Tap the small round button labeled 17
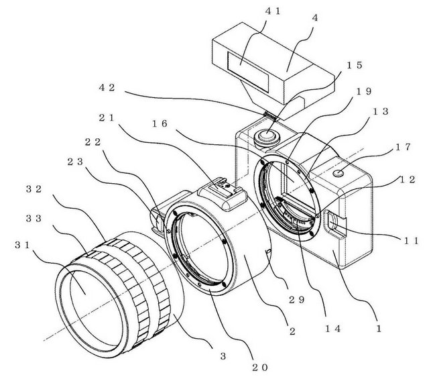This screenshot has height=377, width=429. (339, 173)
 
